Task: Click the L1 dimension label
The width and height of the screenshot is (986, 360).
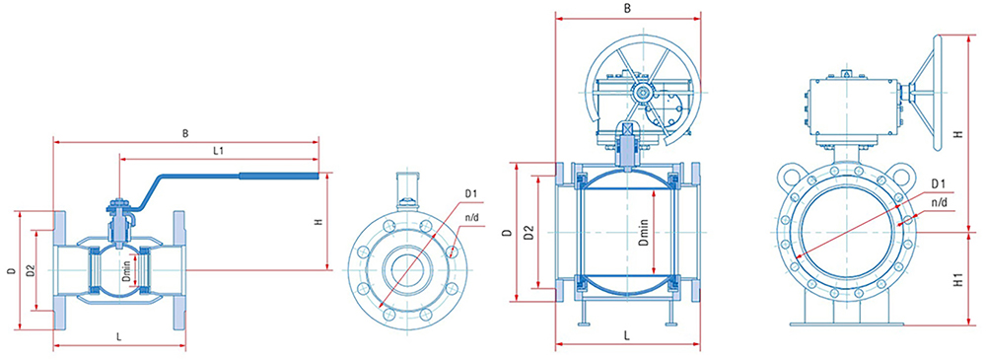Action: tap(219, 151)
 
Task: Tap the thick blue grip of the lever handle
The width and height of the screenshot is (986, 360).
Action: tap(283, 177)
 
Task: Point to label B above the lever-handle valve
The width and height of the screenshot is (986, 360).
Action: tap(185, 134)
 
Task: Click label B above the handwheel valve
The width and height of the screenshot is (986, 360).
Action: tap(627, 8)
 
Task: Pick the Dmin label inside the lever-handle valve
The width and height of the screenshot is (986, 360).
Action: tap(126, 272)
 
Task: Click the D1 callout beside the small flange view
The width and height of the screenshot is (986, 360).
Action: tap(471, 194)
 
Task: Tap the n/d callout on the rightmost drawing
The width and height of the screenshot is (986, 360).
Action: tap(939, 202)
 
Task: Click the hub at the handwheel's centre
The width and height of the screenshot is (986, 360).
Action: tap(642, 93)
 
